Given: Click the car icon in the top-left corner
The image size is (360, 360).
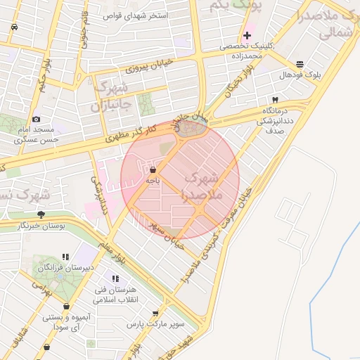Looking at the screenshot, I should tap(15, 27).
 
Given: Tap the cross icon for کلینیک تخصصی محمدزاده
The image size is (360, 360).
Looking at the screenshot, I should tap(247, 35).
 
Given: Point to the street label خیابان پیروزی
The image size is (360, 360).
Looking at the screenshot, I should tap(148, 68).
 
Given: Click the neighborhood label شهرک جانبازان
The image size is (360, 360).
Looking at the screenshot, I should tap(110, 96).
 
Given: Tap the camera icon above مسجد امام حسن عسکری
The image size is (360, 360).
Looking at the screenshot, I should tap(37, 119).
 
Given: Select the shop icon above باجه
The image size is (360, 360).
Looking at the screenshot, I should tap(153, 169).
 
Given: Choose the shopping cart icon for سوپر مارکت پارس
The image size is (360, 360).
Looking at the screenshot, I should tap(155, 314).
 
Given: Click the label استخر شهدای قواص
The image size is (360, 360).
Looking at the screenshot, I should tap(135, 15).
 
